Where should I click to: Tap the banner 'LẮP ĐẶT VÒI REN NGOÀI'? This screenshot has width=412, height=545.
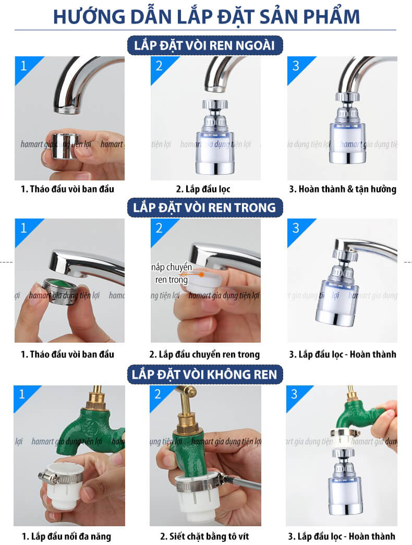[205, 45]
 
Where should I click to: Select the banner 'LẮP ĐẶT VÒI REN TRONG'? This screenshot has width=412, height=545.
[205, 208]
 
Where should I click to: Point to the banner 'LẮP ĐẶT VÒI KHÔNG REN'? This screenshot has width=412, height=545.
[205, 374]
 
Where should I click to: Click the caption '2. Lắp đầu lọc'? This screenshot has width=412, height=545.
[203, 189]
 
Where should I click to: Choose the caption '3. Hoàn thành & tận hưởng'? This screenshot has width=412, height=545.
[343, 189]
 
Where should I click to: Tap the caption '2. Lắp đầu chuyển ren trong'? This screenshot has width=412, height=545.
[204, 355]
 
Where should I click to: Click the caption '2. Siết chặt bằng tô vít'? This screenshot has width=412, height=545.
[204, 536]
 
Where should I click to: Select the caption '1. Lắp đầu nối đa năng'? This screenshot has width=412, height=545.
[66, 536]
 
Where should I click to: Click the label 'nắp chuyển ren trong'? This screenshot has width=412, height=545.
[172, 273]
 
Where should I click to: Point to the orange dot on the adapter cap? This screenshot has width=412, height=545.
[201, 274]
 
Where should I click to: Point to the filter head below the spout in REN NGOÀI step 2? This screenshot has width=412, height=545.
[215, 137]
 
